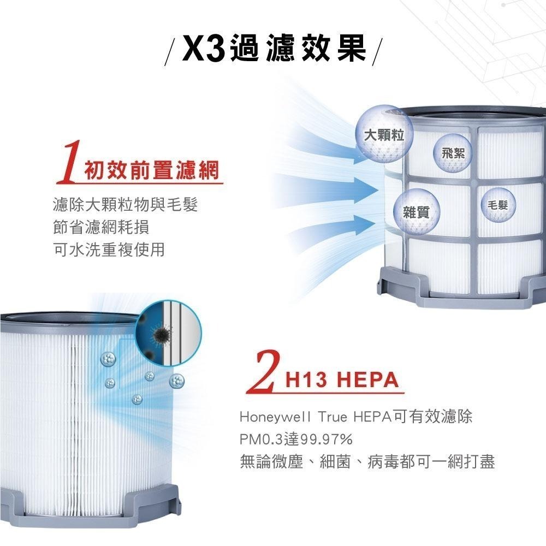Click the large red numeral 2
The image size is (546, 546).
coord(264,373)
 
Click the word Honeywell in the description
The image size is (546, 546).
coord(268,418)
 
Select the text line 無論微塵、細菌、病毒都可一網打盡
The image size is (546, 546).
coord(367,462)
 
